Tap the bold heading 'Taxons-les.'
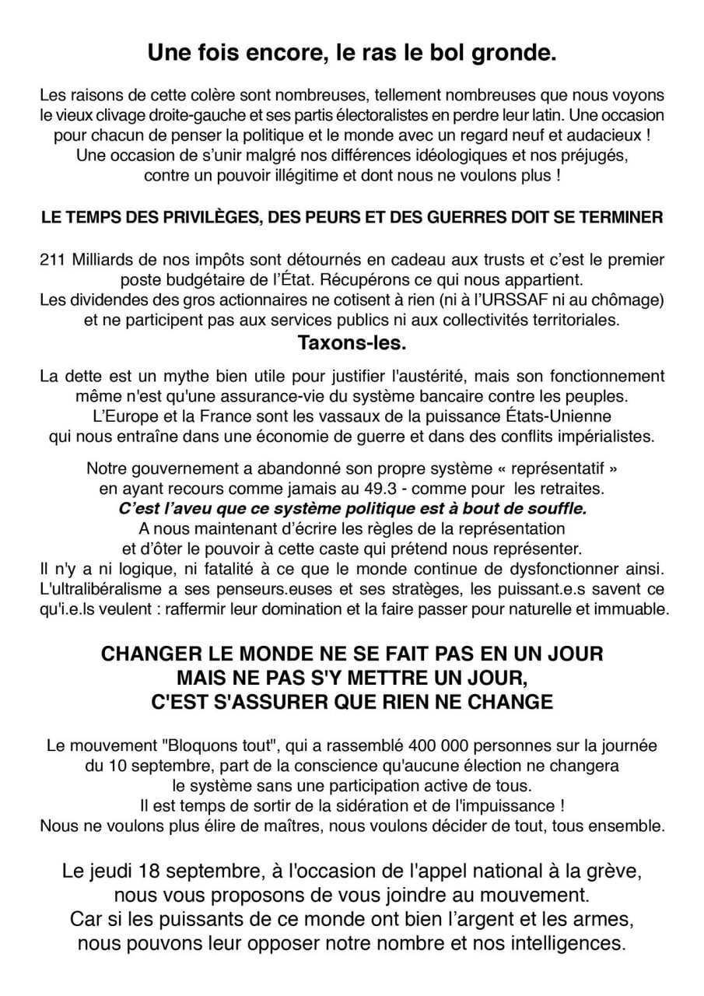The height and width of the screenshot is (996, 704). coord(352,342)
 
